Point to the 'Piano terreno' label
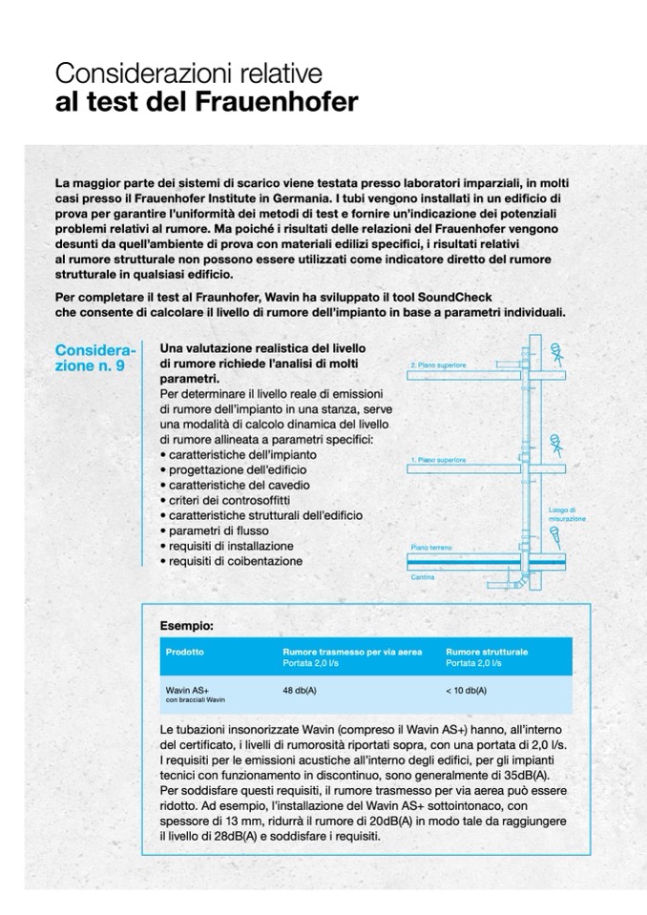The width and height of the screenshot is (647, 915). tap(431, 547)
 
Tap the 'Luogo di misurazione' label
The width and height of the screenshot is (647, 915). tap(567, 514)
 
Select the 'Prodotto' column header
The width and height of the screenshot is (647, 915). tap(183, 651)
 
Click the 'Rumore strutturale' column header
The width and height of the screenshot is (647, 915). tap(487, 651)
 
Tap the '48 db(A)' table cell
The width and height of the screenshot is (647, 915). tap(301, 689)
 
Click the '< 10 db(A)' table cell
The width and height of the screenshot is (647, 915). tap(466, 689)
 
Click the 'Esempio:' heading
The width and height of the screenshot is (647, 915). tap(187, 625)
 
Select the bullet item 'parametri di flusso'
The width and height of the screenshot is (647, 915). tap(222, 530)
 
